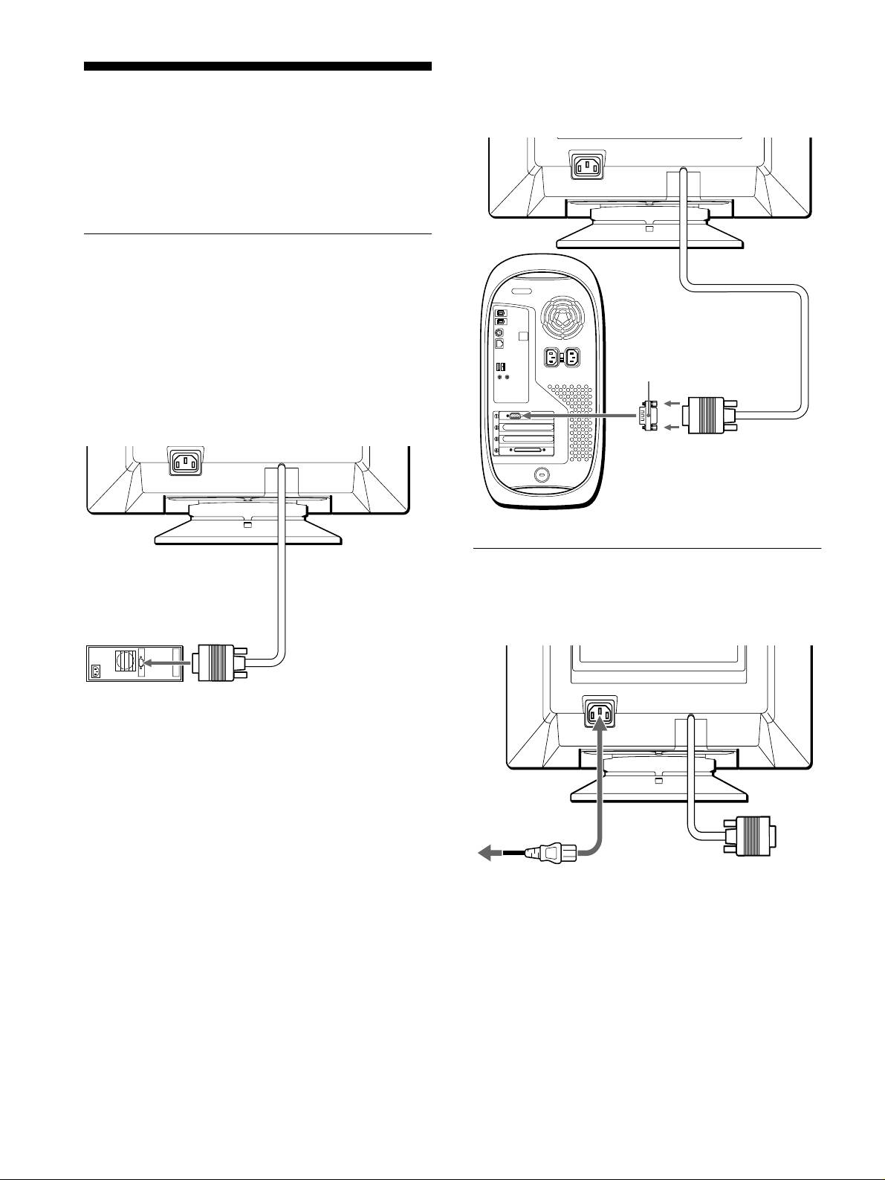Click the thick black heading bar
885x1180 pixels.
257,66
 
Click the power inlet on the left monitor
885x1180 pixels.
186,463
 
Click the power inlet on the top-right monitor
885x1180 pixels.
587,166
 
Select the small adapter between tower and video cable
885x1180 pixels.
647,415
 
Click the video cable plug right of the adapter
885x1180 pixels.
710,415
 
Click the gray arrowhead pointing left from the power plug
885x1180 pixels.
487,854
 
